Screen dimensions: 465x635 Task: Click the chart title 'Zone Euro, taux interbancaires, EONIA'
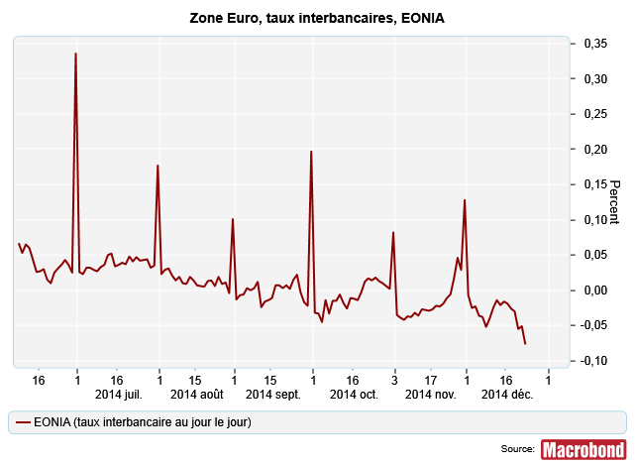click(317, 19)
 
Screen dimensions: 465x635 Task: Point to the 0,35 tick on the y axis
click(594, 44)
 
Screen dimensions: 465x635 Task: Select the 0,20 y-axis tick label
click(594, 149)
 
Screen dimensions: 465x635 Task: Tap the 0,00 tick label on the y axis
click(594, 290)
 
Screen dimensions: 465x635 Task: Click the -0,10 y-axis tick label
click(592, 360)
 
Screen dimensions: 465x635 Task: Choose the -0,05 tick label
click(592, 324)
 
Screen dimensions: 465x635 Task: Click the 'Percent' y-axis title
click(614, 201)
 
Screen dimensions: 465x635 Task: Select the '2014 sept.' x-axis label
click(273, 394)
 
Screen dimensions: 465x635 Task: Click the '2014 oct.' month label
click(355, 394)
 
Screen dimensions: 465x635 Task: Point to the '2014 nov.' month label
click(431, 394)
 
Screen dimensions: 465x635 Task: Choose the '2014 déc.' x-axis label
click(507, 394)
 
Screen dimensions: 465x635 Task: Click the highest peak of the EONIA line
click(76, 54)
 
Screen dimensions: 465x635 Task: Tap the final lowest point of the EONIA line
click(525, 343)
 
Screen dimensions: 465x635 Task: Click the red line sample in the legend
click(22, 422)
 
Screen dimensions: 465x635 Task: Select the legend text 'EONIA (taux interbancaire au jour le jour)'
click(142, 422)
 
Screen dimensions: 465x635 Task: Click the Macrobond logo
click(583, 449)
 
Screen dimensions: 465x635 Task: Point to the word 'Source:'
click(518, 450)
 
